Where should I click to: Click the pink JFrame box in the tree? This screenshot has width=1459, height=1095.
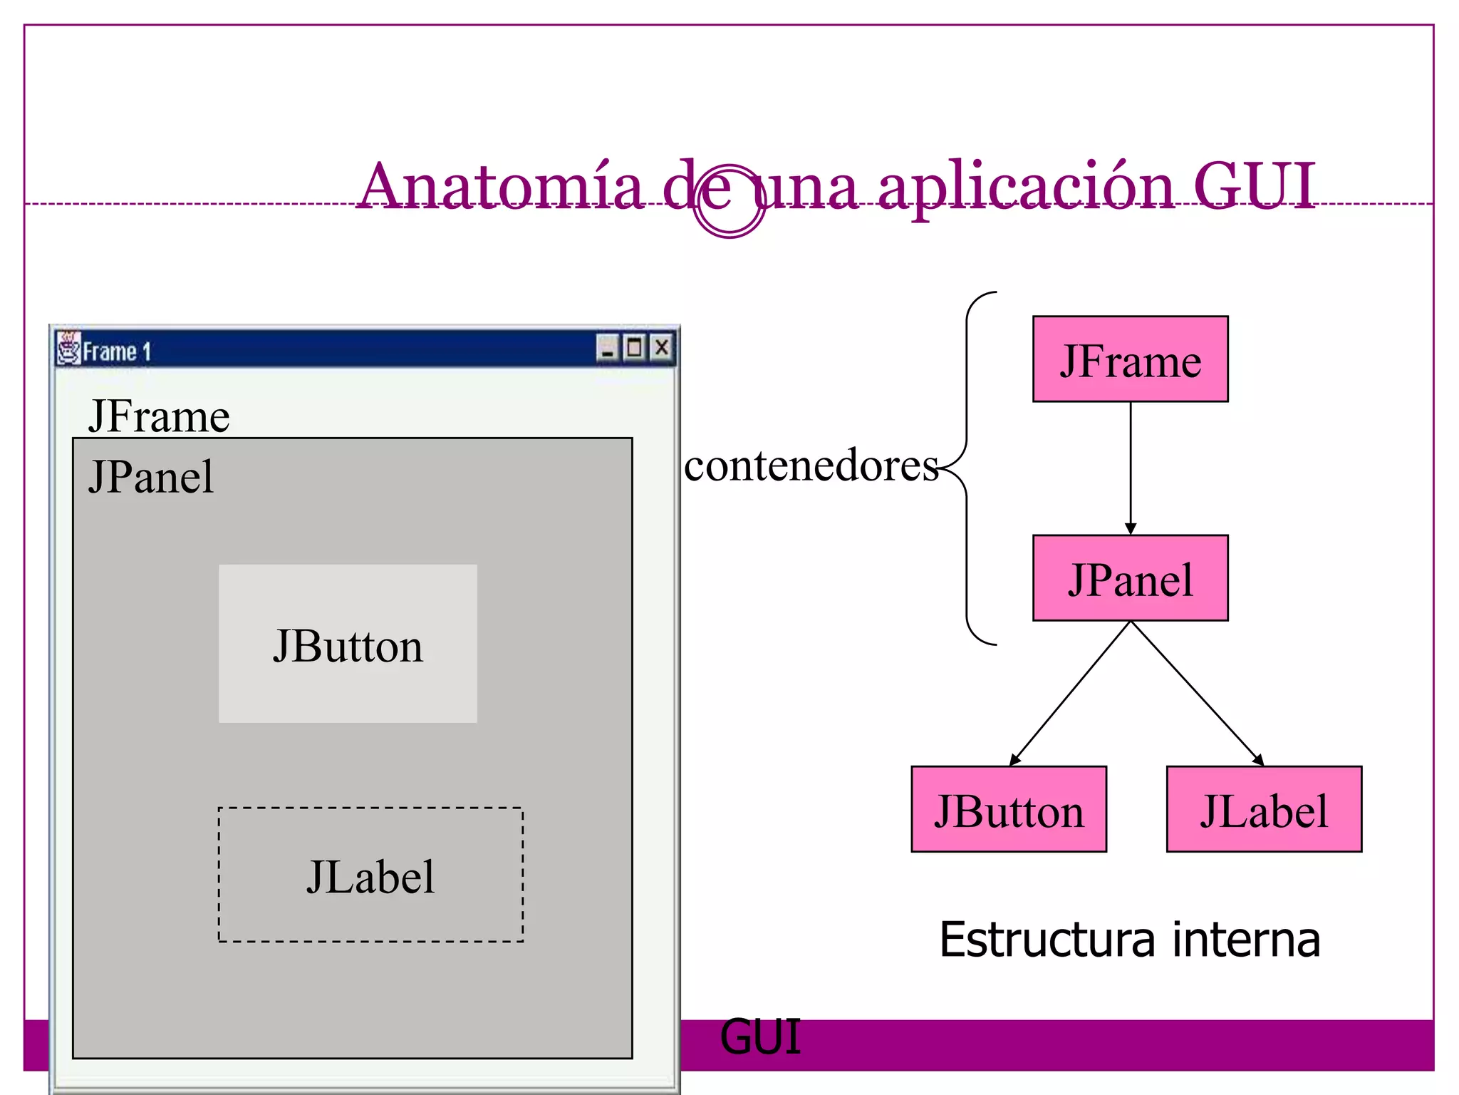coord(1130,359)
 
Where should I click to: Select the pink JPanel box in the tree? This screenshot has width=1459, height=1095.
coord(1130,578)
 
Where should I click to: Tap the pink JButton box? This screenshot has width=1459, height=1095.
coord(1009,809)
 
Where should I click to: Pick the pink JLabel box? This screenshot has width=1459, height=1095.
coord(1264,809)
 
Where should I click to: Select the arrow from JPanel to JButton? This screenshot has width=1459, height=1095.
coord(1069,695)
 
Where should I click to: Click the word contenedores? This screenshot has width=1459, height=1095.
coord(811,466)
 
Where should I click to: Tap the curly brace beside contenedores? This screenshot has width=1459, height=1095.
coord(967,468)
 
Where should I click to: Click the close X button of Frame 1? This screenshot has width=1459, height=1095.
coord(662,348)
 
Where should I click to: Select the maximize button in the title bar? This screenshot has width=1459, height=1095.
coord(634,348)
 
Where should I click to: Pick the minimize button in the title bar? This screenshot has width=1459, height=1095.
coord(608,349)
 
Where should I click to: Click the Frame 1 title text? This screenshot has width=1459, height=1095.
coord(117,351)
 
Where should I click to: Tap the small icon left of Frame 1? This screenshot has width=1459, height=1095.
coord(69,349)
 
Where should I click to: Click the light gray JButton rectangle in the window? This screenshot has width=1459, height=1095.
coord(348,644)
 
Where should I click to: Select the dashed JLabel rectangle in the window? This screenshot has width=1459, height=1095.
coord(370,875)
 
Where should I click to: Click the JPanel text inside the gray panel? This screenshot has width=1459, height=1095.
coord(151,477)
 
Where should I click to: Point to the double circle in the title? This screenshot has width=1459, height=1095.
coord(729,201)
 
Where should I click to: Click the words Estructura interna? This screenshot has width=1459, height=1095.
coord(1130,940)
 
